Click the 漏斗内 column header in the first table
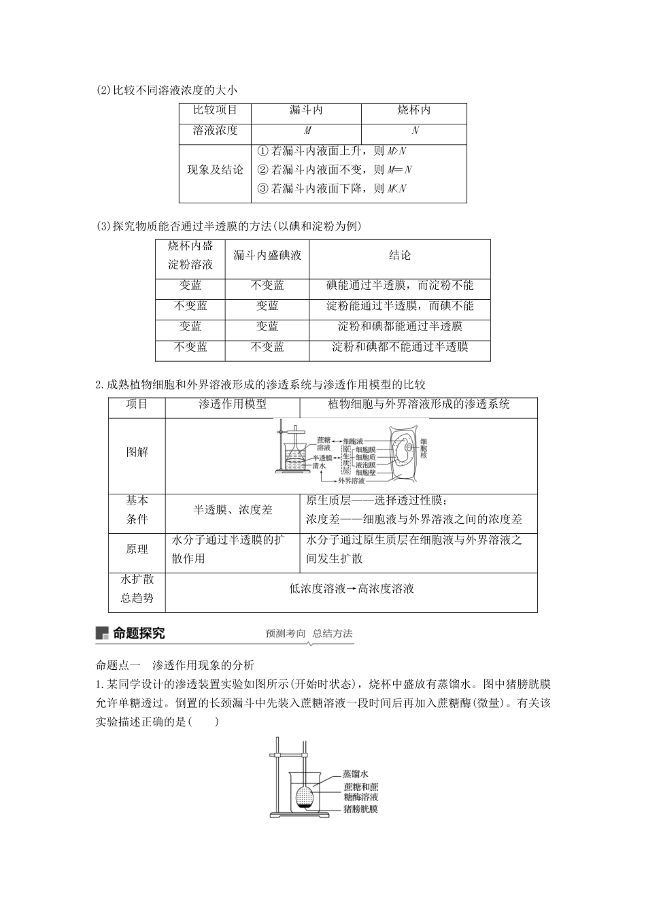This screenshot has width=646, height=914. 306,110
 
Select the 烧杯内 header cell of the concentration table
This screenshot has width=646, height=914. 413,110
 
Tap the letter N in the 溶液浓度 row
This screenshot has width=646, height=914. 415,131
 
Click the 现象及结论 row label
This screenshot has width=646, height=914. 215,170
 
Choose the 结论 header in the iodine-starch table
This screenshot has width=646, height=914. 400,256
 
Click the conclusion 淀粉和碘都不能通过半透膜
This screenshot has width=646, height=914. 400,347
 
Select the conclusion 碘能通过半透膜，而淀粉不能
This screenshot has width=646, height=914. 400,286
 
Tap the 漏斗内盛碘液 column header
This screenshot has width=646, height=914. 267,256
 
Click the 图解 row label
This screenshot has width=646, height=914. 137,452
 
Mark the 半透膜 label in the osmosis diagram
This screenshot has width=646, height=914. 322,458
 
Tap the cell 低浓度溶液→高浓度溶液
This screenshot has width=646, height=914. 351,589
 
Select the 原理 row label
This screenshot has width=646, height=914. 137,549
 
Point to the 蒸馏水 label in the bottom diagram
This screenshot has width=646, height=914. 355,774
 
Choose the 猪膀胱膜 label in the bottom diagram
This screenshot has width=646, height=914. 360,809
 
